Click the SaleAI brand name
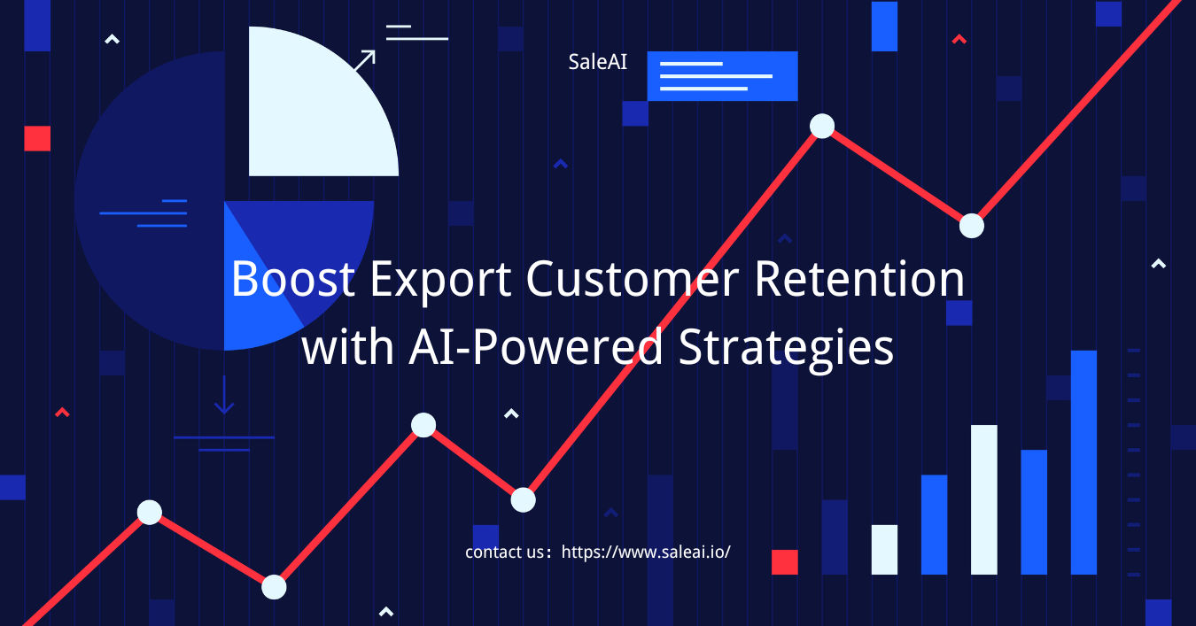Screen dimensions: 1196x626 597,62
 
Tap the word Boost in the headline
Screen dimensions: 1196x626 293,278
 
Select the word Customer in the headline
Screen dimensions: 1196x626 633,278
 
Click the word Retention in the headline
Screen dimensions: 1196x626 859,278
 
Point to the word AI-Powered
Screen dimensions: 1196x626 536,347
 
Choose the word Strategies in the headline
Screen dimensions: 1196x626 786,350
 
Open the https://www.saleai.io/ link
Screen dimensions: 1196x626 646,552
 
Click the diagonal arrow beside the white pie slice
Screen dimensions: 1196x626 365,60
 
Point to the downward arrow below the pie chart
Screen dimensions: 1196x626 224,395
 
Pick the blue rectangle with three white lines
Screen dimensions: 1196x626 722,76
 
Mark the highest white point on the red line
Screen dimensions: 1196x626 822,126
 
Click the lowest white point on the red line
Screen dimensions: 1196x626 274,587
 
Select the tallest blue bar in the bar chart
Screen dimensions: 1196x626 1083,462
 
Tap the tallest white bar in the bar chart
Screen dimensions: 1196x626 984,499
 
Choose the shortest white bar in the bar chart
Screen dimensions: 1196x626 884,550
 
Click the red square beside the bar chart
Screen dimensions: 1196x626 785,562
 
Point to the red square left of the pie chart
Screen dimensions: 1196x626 37,139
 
